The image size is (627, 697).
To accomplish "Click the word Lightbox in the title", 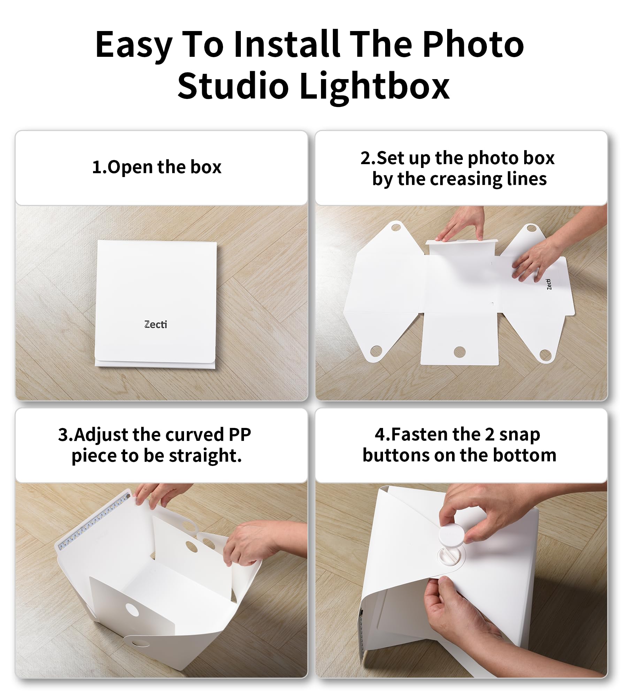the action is (x=374, y=86).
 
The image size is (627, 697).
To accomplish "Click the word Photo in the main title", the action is (x=473, y=44).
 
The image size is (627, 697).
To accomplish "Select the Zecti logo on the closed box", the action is (x=155, y=324).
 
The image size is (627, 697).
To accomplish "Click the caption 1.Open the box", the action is (x=156, y=167).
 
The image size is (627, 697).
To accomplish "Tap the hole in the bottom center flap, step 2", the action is (x=460, y=352).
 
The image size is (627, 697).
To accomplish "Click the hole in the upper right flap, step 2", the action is (x=531, y=229).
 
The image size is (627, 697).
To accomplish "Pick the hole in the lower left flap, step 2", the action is (x=376, y=351).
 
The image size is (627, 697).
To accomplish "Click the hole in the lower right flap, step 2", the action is (x=545, y=355).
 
